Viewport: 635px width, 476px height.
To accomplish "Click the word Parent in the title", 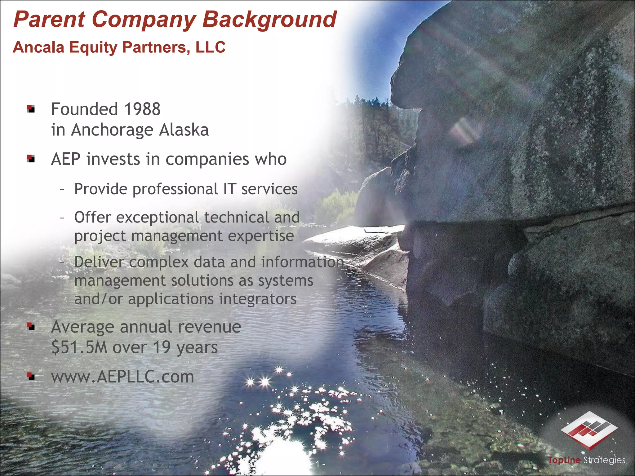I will [49, 19].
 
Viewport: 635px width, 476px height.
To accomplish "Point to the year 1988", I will [142, 109].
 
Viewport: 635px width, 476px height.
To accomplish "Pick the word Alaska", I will [184, 130].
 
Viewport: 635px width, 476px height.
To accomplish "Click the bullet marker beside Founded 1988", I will [30, 109].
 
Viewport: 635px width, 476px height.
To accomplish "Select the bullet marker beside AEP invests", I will [30, 159].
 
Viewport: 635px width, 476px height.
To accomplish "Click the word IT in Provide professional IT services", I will [229, 189].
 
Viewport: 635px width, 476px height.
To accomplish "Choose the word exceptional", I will [158, 217].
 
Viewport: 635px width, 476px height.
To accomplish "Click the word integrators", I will [258, 299].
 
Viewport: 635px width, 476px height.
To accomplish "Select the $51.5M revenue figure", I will [79, 347].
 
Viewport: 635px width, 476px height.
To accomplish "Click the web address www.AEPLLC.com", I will [122, 377].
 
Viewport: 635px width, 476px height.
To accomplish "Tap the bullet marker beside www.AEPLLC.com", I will [30, 376].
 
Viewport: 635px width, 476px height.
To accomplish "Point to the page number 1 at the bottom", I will [317, 464].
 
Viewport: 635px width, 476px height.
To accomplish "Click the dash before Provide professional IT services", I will [62, 189].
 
